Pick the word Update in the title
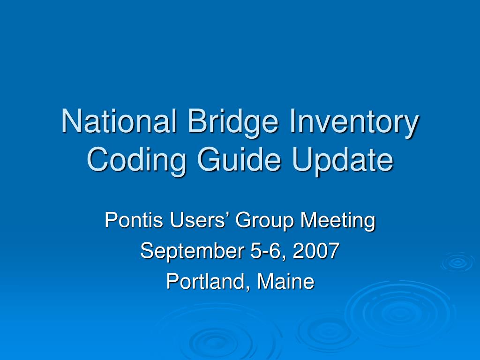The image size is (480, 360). click(344, 160)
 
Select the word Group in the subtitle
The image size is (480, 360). click(265, 220)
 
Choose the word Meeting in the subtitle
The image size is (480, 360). click(337, 220)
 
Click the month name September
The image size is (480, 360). click(192, 252)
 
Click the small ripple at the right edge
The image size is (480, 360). click(457, 262)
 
